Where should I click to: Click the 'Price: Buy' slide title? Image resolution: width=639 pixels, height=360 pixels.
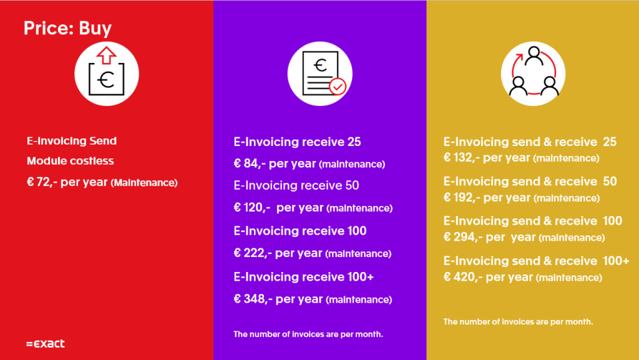67,29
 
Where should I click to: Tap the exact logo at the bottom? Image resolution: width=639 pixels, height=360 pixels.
45,344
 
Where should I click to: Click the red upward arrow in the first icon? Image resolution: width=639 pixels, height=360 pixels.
106,56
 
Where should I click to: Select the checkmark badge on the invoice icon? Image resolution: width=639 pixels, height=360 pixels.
338,87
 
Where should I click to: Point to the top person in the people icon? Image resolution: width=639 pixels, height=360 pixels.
534,56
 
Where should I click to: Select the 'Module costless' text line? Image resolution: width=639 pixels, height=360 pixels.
70,161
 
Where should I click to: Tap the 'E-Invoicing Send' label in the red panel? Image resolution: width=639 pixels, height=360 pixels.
72,141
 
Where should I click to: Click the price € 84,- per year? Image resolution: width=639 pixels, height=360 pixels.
275,163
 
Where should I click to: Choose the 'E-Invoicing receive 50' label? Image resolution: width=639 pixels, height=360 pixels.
296,185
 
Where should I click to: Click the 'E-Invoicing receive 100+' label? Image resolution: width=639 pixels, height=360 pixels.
304,277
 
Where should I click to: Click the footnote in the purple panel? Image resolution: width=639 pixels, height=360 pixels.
308,334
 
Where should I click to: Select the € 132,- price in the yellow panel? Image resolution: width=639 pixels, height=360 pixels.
461,158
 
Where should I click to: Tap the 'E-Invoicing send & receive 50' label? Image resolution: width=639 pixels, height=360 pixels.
530,181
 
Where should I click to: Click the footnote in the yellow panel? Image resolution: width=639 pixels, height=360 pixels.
518,322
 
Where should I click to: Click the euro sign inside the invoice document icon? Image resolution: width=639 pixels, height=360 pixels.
321,65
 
